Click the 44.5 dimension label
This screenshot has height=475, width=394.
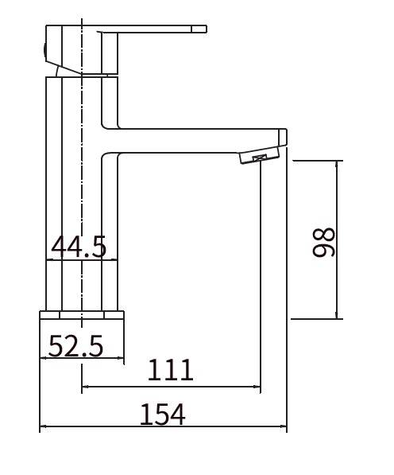(79, 247)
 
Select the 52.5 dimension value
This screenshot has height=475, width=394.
(76, 345)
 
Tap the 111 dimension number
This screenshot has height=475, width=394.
(170, 370)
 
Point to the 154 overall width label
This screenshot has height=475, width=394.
(162, 414)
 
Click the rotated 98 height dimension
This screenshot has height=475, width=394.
(324, 243)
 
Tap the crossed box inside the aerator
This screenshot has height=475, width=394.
(260, 158)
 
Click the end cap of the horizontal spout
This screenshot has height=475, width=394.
(283, 137)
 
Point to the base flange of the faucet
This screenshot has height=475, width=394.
(82, 315)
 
